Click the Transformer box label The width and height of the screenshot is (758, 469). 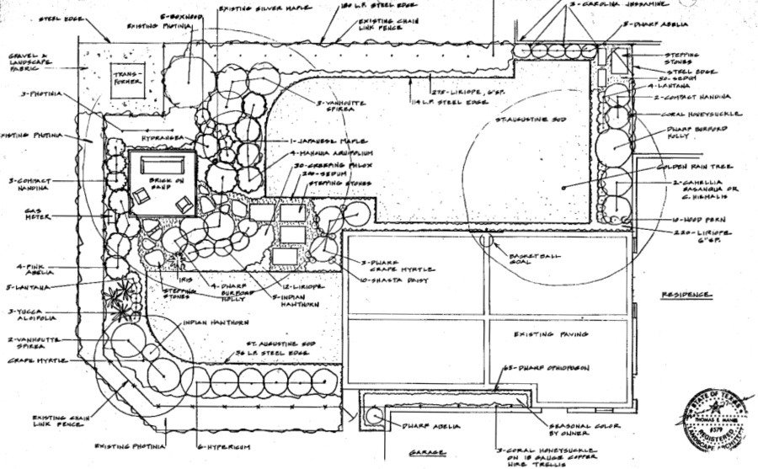129,77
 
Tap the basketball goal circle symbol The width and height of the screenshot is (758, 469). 486,239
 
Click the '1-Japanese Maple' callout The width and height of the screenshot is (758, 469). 329,140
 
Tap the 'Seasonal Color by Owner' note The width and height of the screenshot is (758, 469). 585,430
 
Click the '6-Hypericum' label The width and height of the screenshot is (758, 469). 223,446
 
